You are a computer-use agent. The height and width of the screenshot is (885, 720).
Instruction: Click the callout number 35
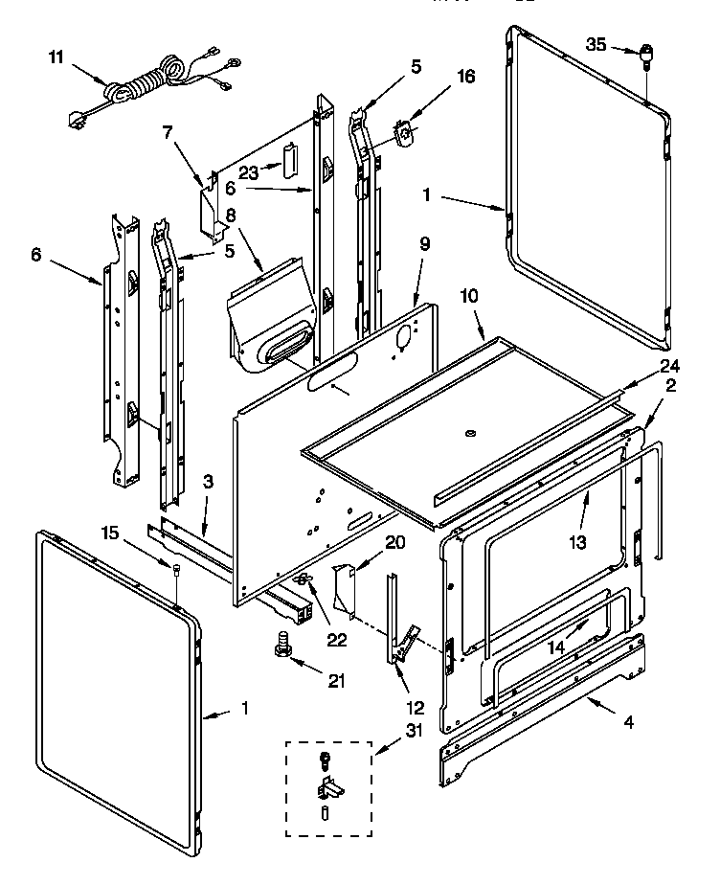click(x=596, y=45)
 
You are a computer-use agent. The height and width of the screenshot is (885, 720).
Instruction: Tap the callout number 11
click(x=56, y=57)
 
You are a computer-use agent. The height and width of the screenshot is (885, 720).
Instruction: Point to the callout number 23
click(x=249, y=173)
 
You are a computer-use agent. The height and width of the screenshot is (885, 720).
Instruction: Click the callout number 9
click(x=423, y=271)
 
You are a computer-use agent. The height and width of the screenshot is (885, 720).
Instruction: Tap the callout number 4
click(x=628, y=723)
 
